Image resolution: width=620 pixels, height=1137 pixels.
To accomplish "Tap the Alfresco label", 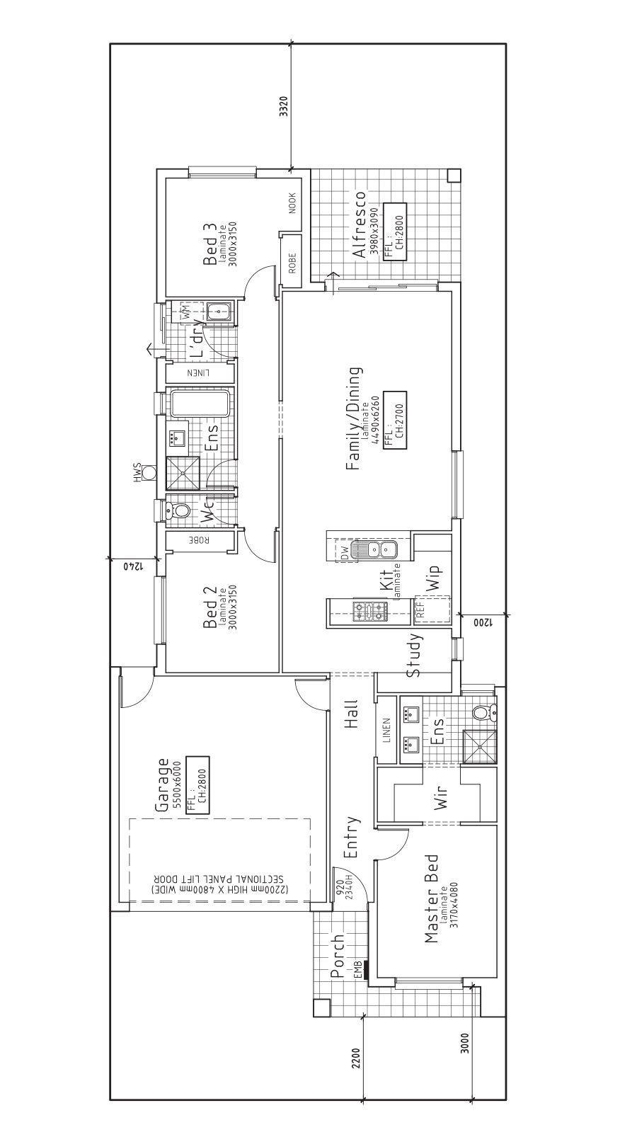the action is click(358, 224).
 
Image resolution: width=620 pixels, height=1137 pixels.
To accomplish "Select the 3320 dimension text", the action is click(284, 107).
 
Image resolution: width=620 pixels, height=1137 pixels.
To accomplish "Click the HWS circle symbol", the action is click(149, 472).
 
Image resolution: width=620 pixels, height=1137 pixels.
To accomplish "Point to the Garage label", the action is click(162, 784).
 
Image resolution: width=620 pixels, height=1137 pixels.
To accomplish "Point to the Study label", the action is click(413, 655).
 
